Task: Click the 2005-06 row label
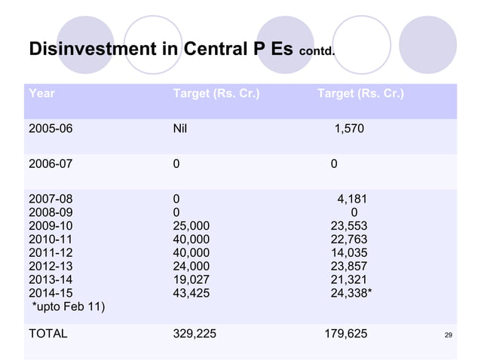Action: (51, 130)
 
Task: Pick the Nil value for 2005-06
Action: (180, 130)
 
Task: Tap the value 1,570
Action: (349, 130)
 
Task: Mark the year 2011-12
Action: (51, 252)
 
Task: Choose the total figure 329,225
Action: (194, 331)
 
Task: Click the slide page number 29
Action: (449, 334)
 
